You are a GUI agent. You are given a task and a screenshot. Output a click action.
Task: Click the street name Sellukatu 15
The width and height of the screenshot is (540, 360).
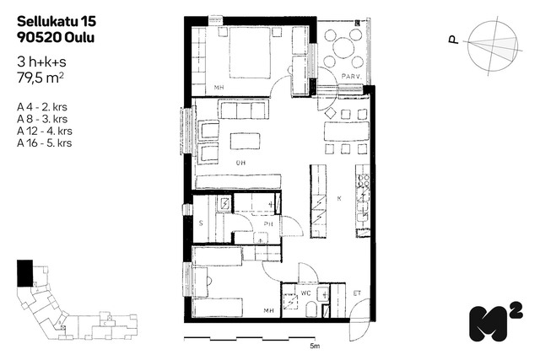(57, 21)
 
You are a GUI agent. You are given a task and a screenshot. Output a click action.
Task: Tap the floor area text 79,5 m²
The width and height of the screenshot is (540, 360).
(40, 78)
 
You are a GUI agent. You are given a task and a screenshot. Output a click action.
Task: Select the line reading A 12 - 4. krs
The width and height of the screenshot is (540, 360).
(45, 131)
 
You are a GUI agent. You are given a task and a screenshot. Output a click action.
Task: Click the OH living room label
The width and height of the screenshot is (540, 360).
(240, 163)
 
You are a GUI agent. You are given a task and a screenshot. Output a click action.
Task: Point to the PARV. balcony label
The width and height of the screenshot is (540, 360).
(351, 77)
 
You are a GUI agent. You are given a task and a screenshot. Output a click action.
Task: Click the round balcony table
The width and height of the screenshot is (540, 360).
(343, 47)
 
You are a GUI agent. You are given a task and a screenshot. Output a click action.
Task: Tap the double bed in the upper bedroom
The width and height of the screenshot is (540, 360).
(250, 52)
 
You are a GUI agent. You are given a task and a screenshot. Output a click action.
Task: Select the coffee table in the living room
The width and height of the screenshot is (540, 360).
(246, 141)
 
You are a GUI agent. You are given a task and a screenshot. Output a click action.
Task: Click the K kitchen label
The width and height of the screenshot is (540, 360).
(339, 199)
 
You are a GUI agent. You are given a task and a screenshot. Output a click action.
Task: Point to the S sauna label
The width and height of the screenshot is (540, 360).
(201, 223)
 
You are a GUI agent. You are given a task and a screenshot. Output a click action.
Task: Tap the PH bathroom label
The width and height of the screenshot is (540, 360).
(268, 224)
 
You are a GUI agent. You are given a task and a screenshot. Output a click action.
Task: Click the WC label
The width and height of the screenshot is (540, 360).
(305, 293)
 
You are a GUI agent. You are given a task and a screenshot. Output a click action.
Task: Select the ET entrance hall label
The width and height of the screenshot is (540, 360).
(357, 293)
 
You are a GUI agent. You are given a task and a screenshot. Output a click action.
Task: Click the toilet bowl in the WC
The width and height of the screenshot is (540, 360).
(311, 309)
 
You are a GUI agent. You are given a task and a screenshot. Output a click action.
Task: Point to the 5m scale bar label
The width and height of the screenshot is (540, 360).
(315, 346)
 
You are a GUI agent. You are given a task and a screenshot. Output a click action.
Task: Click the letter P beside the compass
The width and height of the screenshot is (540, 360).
(454, 40)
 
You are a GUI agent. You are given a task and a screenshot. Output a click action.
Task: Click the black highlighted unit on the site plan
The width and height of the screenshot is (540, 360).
(24, 273)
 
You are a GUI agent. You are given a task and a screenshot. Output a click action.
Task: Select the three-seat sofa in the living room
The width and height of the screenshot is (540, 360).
(244, 110)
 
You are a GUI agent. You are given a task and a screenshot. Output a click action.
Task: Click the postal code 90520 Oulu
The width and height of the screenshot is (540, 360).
(56, 37)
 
